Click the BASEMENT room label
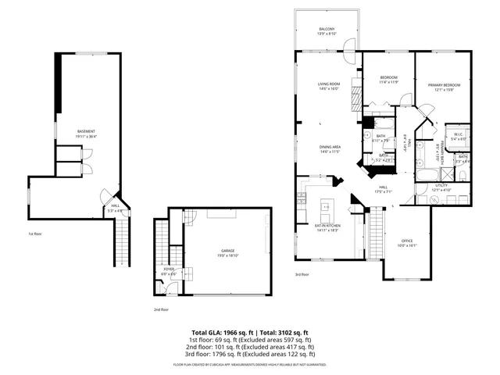click(x=86, y=131)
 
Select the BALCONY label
click(x=327, y=30)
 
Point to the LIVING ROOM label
click(x=328, y=84)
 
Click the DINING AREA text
click(x=328, y=148)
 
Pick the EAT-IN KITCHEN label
click(x=327, y=227)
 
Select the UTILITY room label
click(x=441, y=187)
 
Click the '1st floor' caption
click(x=34, y=234)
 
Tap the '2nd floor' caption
click(x=161, y=309)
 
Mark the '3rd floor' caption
click(x=302, y=274)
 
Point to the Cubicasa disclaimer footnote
click(x=250, y=364)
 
